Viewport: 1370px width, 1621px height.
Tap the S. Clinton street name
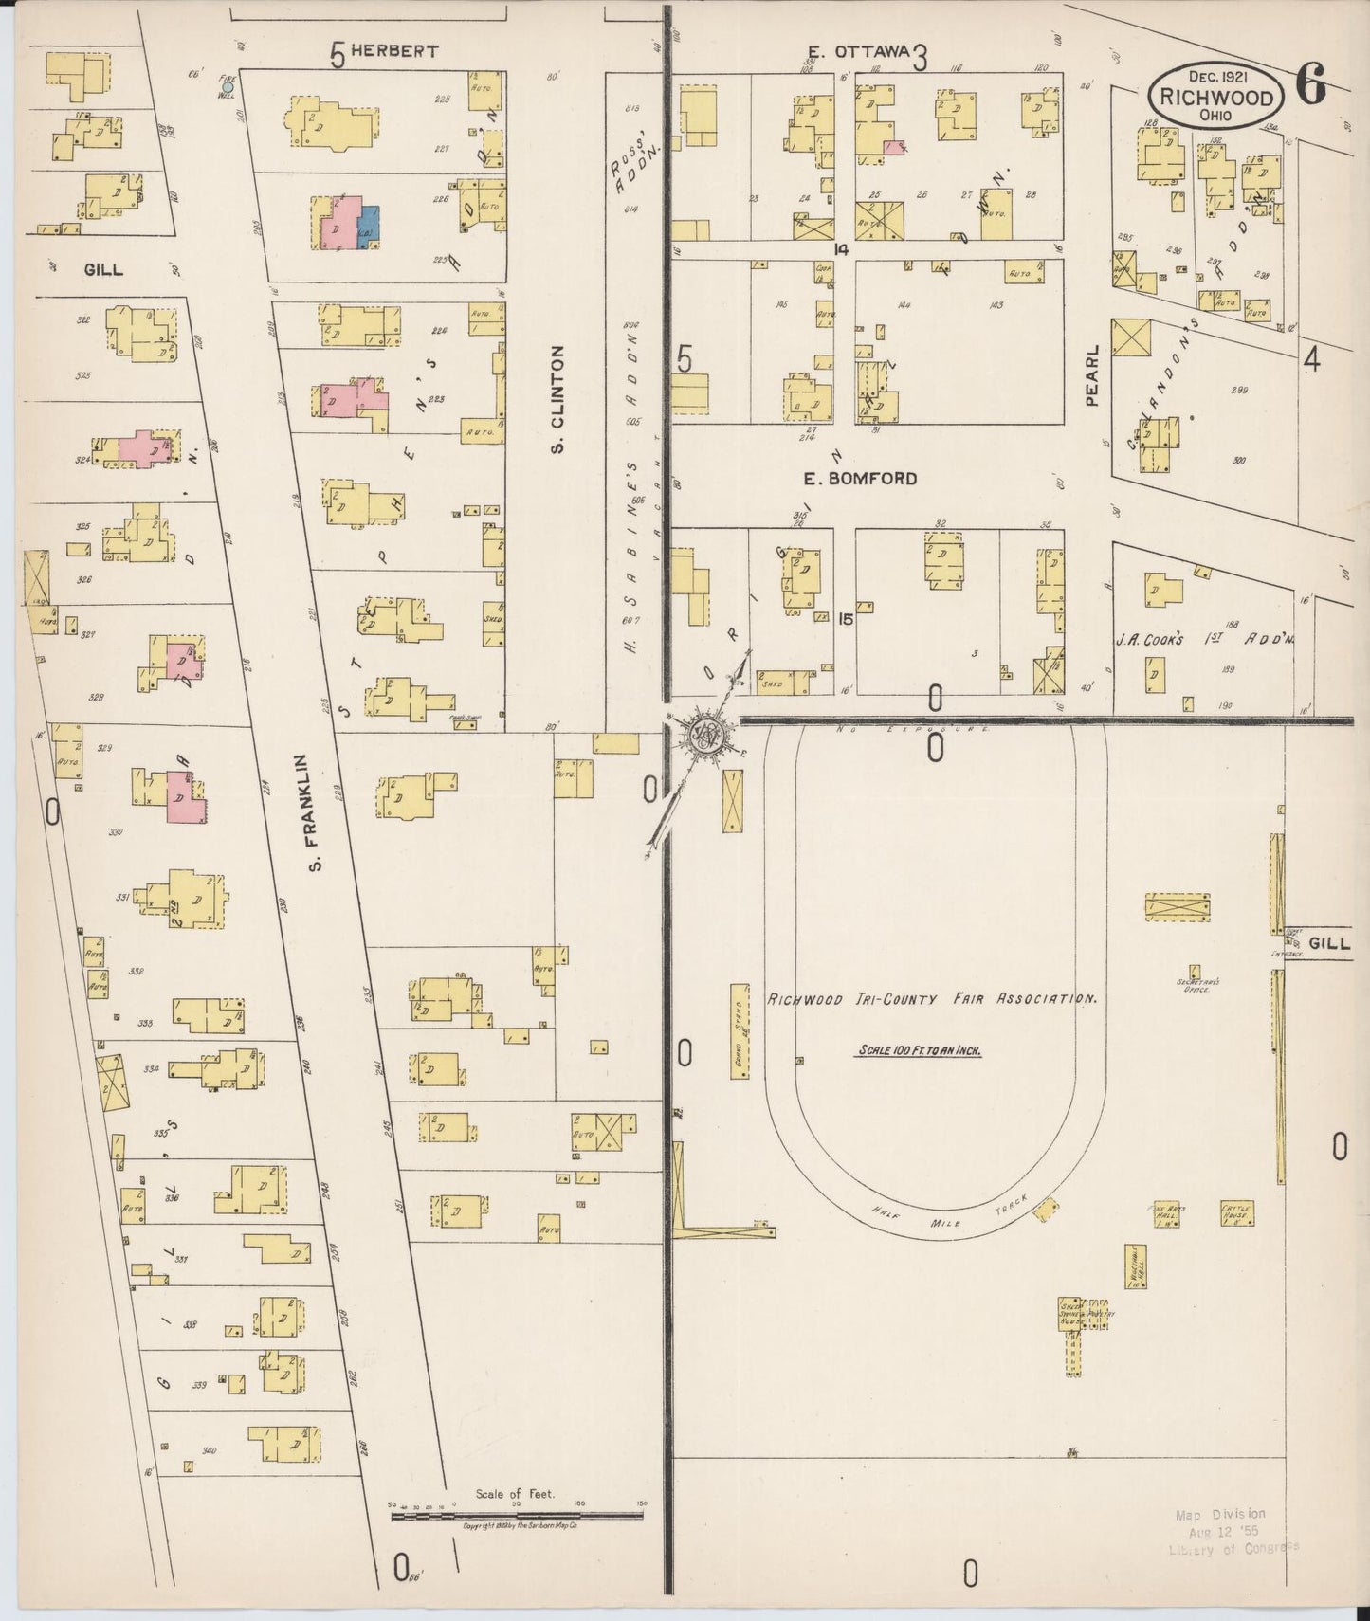(x=558, y=398)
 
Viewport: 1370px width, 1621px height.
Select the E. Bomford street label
(x=860, y=479)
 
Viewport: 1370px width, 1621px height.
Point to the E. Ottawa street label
(x=858, y=50)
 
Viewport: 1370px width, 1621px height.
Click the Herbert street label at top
(x=394, y=51)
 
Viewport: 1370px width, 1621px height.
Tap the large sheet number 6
(x=1311, y=87)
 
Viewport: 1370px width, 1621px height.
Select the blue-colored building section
(x=368, y=228)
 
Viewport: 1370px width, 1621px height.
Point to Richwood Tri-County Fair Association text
(x=932, y=999)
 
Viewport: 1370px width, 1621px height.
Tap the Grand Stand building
(x=740, y=1030)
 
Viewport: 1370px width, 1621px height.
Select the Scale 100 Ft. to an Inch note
(x=919, y=1050)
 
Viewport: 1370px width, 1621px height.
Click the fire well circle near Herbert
(x=227, y=86)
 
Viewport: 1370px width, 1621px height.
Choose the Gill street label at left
(x=103, y=269)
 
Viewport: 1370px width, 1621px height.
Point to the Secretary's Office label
(x=1198, y=986)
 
